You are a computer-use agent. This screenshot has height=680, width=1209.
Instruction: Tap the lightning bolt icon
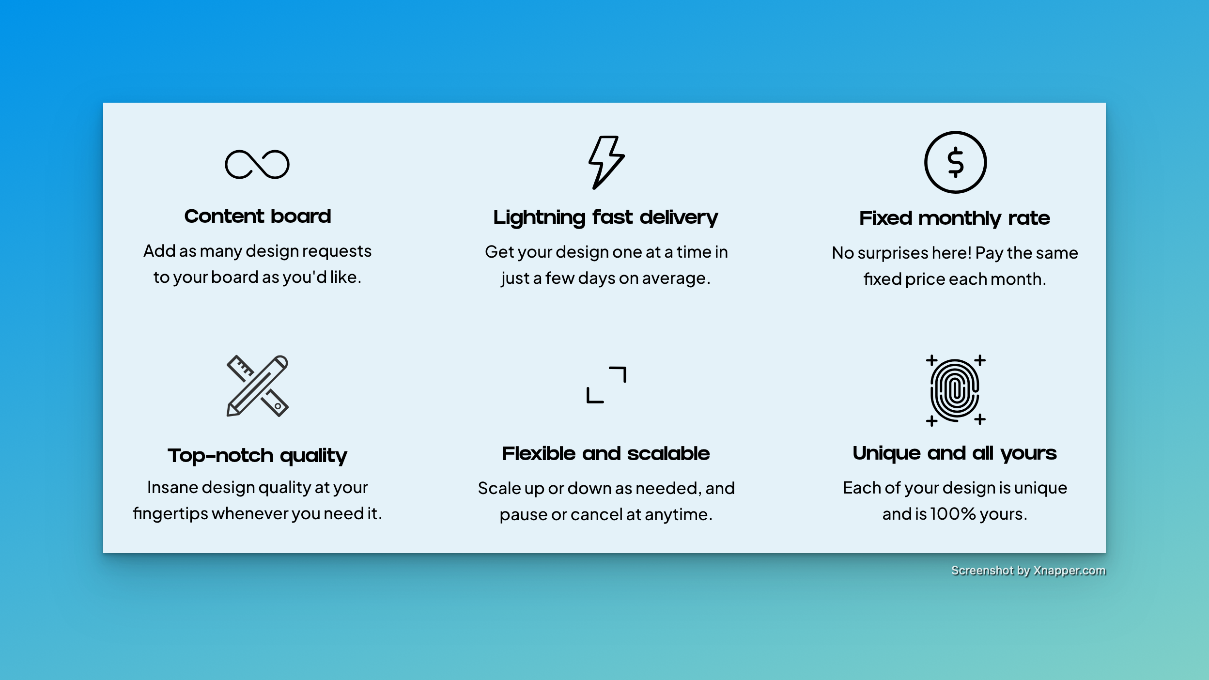pyautogui.click(x=605, y=162)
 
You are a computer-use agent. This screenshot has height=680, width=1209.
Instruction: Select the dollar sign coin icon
pyautogui.click(x=955, y=162)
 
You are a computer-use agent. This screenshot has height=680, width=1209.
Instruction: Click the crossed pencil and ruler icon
pyautogui.click(x=257, y=386)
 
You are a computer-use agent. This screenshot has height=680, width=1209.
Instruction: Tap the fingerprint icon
pyautogui.click(x=955, y=390)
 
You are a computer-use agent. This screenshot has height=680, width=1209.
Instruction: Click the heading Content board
pyautogui.click(x=258, y=216)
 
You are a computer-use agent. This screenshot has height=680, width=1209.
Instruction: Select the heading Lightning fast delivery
pyautogui.click(x=605, y=217)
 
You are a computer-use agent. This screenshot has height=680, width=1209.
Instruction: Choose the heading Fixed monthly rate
pyautogui.click(x=955, y=218)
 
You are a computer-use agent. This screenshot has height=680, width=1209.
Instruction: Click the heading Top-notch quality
pyautogui.click(x=258, y=455)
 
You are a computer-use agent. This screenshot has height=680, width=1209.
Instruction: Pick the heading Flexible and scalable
pyautogui.click(x=606, y=453)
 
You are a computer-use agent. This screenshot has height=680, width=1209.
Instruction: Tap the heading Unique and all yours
pyautogui.click(x=955, y=453)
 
